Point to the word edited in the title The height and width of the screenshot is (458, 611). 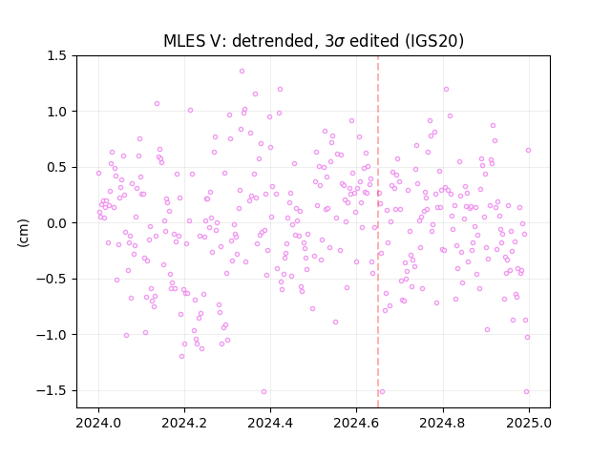point(374,41)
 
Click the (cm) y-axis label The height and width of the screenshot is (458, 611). point(23,233)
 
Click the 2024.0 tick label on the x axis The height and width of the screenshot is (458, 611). point(98,423)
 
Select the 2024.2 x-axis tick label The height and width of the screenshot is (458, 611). point(184,423)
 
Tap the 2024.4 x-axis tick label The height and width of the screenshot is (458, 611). point(270,423)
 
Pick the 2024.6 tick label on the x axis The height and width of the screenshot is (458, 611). point(356,423)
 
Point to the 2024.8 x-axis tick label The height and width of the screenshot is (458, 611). point(442,423)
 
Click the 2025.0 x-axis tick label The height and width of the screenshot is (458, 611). point(529,423)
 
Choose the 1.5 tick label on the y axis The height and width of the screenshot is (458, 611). point(57,56)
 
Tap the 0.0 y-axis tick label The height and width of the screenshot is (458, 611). point(57,223)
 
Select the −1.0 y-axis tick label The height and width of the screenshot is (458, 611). point(53,335)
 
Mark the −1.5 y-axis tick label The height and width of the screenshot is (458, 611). point(53,390)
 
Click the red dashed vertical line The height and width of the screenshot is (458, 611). point(378,232)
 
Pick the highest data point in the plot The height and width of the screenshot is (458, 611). point(242,72)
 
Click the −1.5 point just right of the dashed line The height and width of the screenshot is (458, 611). point(382,392)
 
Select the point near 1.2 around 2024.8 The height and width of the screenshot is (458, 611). point(446,89)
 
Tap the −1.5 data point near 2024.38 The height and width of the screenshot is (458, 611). point(263,392)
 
